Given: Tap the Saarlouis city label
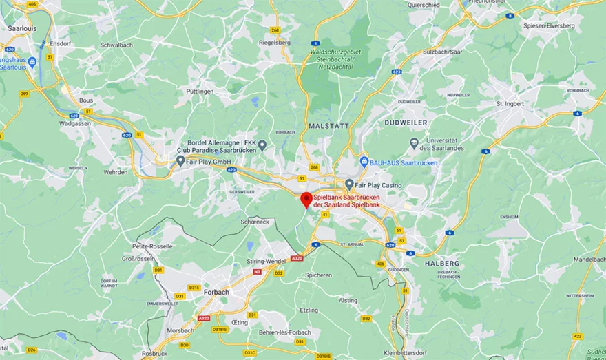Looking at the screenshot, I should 21,28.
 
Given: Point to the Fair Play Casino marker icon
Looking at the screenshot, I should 349,184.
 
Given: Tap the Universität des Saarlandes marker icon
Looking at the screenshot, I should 414,143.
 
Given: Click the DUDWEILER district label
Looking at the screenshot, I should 407,123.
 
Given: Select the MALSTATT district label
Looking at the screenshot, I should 329,126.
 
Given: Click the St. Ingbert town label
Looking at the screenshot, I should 510,104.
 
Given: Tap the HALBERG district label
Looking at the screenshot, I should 442,263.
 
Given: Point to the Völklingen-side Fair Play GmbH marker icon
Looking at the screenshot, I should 180,161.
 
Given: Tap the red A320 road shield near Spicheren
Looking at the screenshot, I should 297,258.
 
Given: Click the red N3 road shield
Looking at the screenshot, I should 257,272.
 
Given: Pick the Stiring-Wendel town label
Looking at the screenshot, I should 266,262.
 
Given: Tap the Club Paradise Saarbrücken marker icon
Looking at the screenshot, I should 262,145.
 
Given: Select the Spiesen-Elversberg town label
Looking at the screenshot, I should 549,25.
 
